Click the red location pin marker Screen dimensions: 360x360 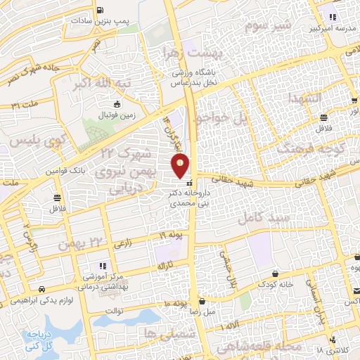pos(181,166)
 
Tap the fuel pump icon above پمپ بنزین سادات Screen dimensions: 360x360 pos(101,11)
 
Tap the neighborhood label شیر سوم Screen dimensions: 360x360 pos(268,27)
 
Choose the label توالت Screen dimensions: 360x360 pos(115,310)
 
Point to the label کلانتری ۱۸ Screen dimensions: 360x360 pos(329,349)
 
